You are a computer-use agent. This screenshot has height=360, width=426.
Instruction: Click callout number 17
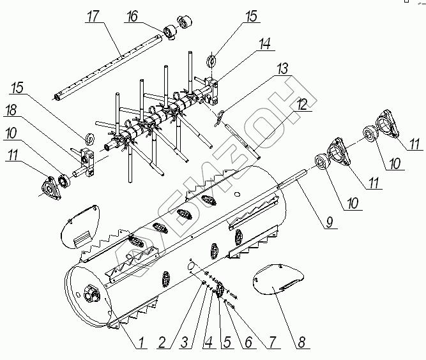94,17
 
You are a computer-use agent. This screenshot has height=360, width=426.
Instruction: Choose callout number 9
329,223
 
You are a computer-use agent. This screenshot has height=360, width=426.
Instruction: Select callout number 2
163,341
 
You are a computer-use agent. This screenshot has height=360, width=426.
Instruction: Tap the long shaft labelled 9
300,176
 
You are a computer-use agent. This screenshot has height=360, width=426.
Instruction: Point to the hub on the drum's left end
91,295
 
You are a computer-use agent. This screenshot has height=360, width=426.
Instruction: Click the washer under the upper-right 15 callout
211,62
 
